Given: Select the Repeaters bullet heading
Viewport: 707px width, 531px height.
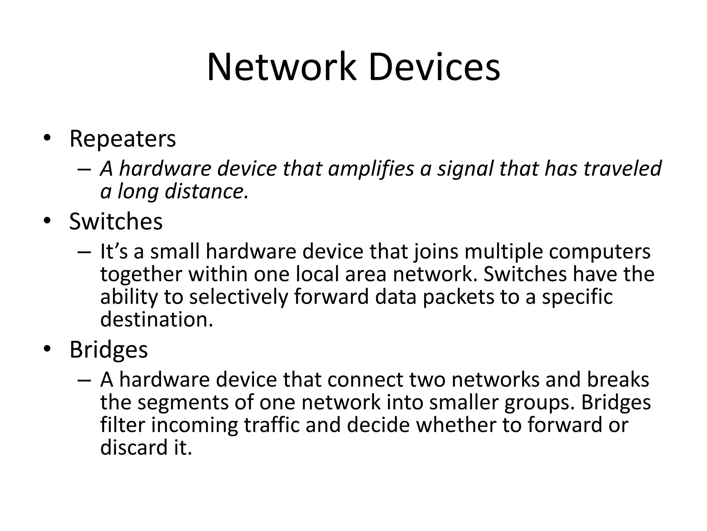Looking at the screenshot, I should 123,139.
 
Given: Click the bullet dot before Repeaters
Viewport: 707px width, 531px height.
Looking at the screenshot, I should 47,138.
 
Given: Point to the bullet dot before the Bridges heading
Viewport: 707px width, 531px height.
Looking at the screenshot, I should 47,349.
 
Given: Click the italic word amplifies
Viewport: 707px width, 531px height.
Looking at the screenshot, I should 371,169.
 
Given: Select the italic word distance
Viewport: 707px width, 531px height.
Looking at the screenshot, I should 206,191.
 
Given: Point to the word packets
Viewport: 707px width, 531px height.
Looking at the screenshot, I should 458,297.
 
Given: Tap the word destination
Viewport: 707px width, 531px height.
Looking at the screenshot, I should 156,319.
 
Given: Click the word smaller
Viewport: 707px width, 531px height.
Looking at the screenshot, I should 463,403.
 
